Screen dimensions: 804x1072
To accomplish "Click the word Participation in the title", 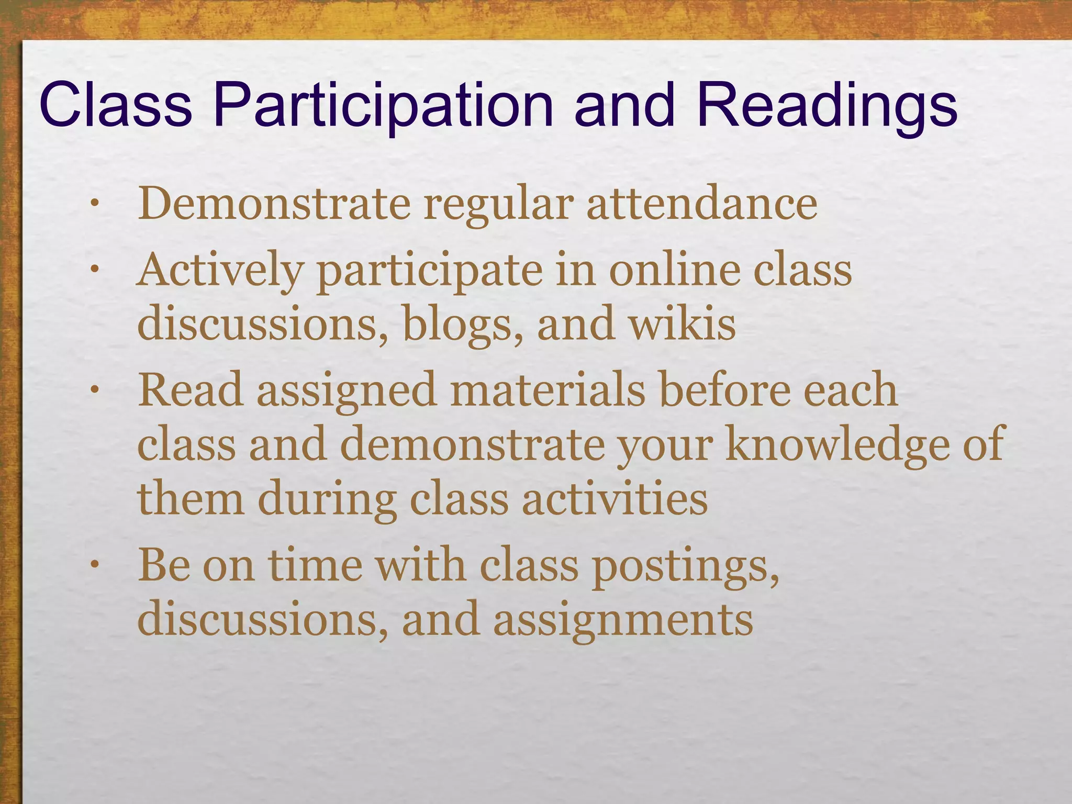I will (383, 106).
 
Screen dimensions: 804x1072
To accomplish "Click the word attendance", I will (701, 204).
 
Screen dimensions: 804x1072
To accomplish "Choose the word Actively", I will (220, 271).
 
